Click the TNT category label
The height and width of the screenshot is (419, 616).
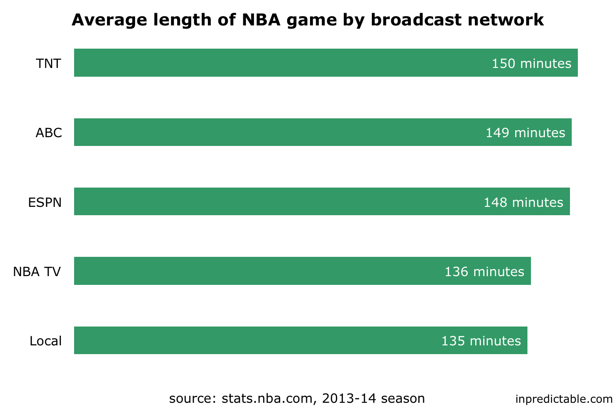pyautogui.click(x=48, y=64)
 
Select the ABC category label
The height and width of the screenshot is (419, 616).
pyautogui.click(x=49, y=133)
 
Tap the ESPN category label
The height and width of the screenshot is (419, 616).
pyautogui.click(x=45, y=202)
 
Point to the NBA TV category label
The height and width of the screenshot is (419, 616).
pyautogui.click(x=37, y=272)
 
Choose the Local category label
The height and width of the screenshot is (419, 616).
pyautogui.click(x=46, y=341)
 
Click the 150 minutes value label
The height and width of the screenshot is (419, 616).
pyautogui.click(x=531, y=64)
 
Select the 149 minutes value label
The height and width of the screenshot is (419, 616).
pyautogui.click(x=525, y=133)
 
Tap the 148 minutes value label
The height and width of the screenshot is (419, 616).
pyautogui.click(x=523, y=202)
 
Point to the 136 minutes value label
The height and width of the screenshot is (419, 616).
pyautogui.click(x=484, y=272)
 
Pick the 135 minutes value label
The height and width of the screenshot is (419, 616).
pyautogui.click(x=481, y=341)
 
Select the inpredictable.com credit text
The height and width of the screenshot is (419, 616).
pyautogui.click(x=564, y=399)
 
